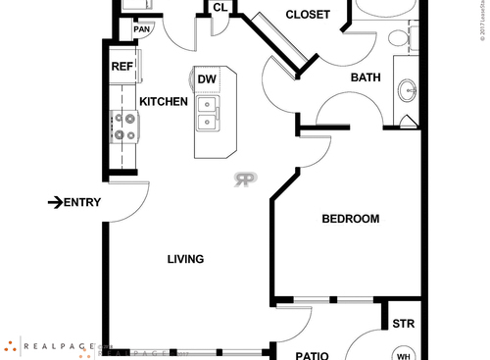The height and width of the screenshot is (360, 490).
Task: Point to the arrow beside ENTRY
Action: (54, 202)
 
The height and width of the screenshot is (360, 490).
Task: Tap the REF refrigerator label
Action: (122, 67)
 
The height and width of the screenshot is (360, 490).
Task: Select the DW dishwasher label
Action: (207, 79)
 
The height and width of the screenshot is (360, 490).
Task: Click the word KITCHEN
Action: (164, 101)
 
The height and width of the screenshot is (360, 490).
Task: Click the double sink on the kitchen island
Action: (209, 113)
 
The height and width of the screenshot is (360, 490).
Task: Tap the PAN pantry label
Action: (143, 29)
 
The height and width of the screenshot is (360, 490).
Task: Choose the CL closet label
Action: (220, 8)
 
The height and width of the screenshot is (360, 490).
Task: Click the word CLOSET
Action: (306, 14)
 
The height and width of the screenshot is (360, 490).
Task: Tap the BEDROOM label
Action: (350, 219)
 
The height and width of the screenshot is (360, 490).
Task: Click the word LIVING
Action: (185, 259)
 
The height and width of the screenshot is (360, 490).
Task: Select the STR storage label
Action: (403, 324)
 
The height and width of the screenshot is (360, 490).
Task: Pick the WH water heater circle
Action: (403, 354)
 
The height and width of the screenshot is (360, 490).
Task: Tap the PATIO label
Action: (312, 355)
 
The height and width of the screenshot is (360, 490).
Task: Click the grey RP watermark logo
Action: (245, 179)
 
